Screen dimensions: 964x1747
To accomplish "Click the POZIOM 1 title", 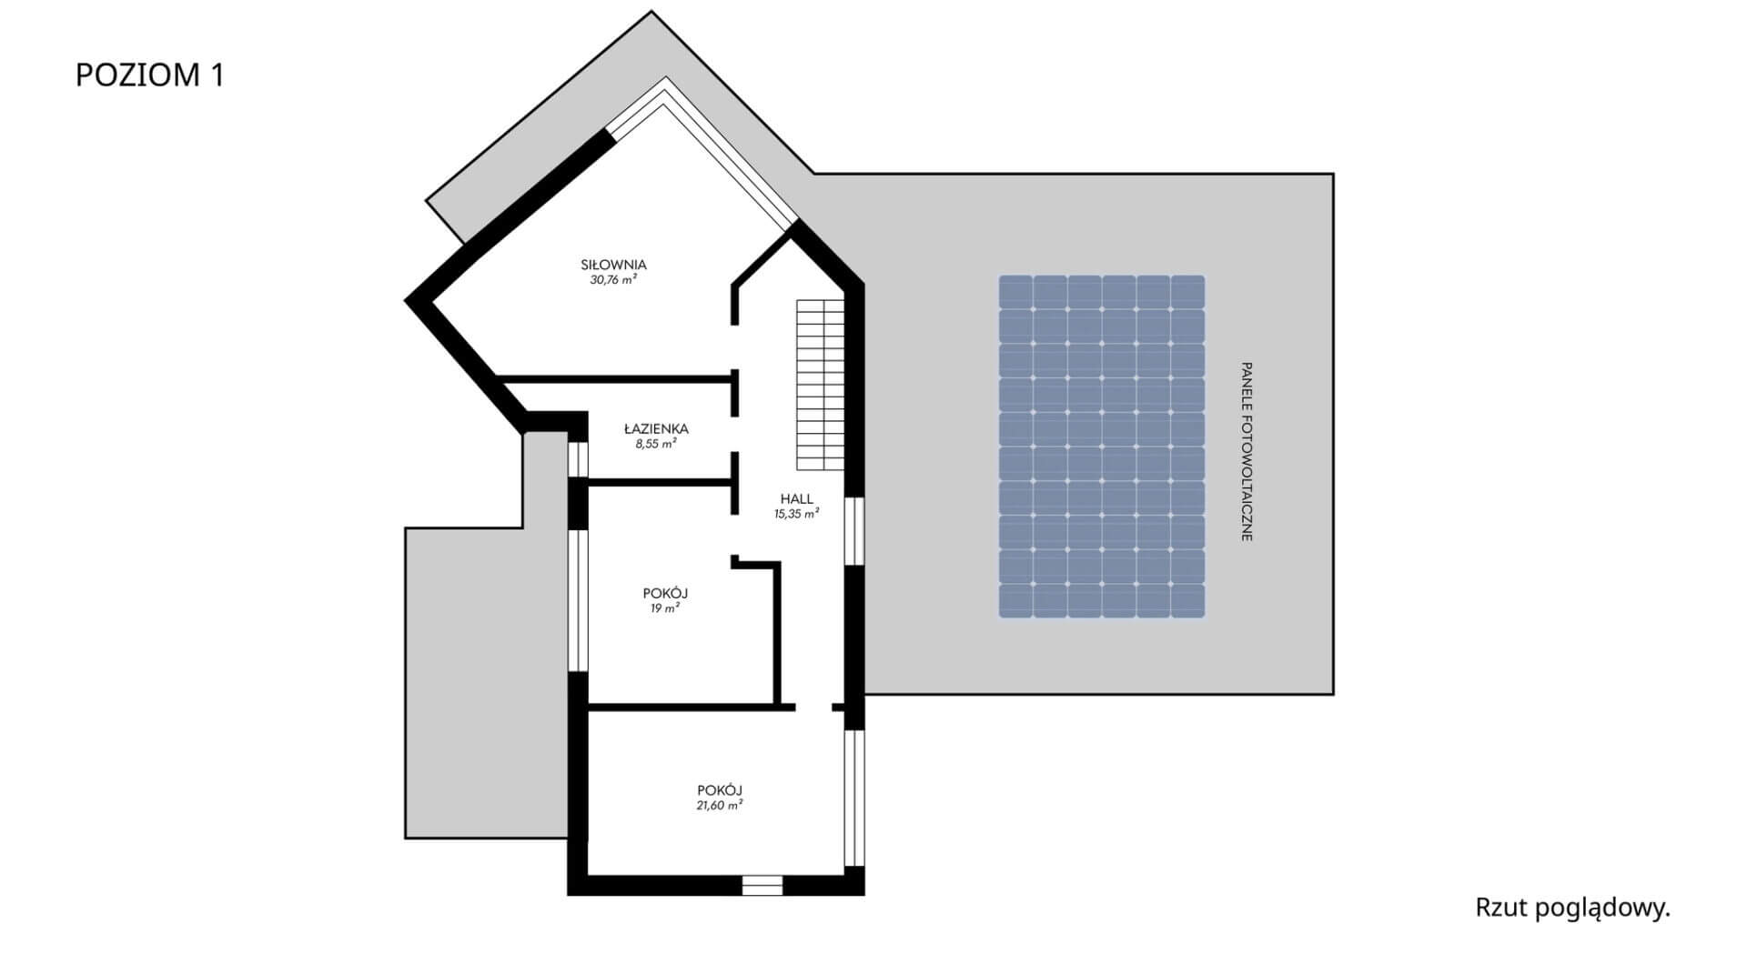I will coord(149,75).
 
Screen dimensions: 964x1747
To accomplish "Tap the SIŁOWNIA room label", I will coord(613,265).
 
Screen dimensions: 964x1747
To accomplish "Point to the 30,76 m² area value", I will coord(612,280).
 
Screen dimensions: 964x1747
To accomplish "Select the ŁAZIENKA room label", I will coord(656,428).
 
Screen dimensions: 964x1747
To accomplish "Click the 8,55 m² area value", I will coord(655,445).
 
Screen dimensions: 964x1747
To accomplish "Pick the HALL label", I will coord(796,498).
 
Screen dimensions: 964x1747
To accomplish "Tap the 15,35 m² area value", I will coord(796,514).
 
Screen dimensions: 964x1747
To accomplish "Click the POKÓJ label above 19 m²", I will coord(665,594).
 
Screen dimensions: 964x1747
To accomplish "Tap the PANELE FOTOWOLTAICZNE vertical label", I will coord(1247,452).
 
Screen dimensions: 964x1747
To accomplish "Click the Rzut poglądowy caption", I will coord(1572,908).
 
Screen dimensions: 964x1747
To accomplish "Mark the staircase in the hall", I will coord(821,385).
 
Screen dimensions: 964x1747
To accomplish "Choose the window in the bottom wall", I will coord(762,885).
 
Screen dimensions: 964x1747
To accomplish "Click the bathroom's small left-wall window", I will coord(578,459).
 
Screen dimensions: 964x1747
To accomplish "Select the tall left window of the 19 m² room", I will coord(578,600).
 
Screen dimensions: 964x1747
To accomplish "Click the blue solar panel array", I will coord(1101,447).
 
